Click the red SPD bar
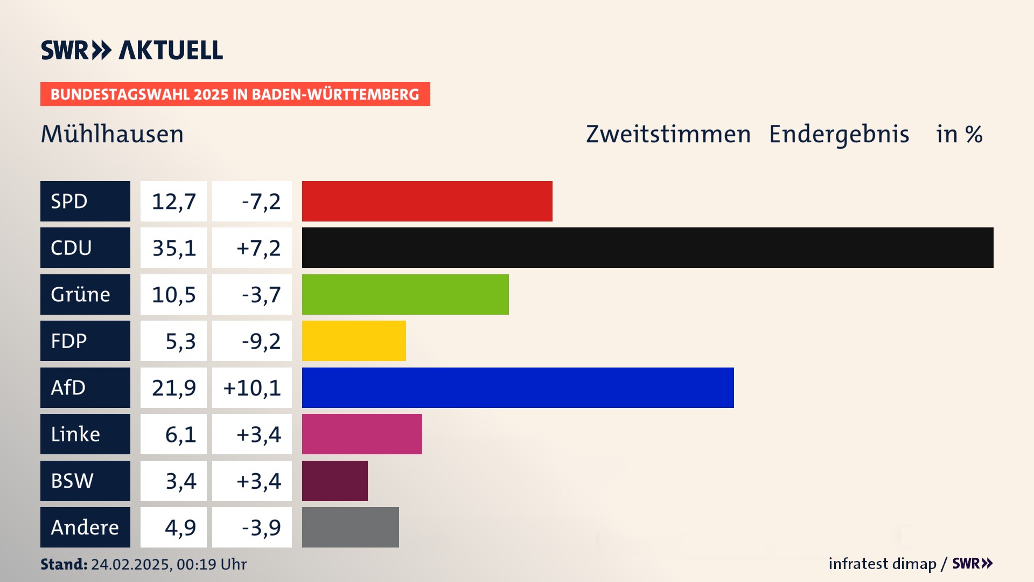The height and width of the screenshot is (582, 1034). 427,201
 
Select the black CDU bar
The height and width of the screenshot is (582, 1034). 647,247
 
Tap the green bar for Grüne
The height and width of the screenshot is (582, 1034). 405,294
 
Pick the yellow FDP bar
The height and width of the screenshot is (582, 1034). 354,341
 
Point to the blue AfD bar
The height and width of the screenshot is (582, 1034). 518,387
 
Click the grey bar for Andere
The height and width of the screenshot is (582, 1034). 350,527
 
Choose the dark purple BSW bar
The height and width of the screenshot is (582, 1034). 334,481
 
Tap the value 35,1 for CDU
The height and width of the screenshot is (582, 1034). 173,248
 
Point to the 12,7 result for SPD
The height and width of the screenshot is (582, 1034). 173,202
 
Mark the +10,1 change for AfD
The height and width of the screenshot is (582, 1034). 252,388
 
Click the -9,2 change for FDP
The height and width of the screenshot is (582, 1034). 261,341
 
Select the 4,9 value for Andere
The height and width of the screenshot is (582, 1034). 180,528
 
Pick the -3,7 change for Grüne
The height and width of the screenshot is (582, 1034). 261,295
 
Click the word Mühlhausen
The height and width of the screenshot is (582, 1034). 112,134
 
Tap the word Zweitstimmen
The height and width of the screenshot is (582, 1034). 668,134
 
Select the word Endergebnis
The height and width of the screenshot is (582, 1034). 839,134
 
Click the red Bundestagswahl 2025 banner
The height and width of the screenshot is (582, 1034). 235,94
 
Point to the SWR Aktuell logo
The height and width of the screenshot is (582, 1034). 132,50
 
